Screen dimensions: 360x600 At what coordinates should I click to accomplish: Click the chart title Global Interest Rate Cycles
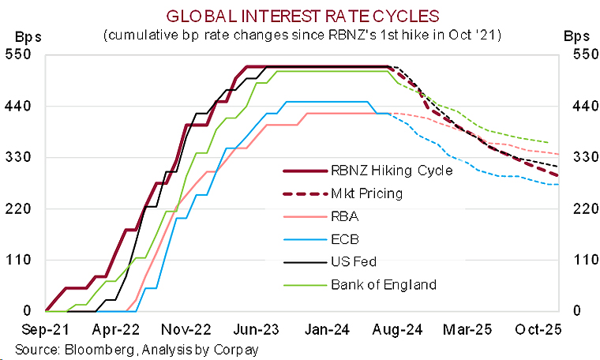(x=299, y=15)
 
